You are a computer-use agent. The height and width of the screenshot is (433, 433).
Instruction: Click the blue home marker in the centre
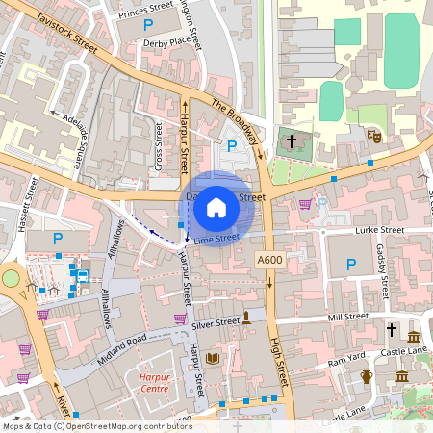(216, 208)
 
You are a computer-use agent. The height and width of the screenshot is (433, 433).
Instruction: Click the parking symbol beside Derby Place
(147, 24)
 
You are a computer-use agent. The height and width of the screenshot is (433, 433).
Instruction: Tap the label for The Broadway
(236, 122)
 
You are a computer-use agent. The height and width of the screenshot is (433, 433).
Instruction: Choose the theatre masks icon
(374, 138)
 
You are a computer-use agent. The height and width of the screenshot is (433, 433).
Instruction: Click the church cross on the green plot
(291, 141)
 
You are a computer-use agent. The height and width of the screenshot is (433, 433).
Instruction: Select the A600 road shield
(268, 261)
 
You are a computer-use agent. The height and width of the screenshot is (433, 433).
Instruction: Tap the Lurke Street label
(378, 231)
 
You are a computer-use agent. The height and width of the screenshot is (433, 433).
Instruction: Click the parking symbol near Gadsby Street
(351, 264)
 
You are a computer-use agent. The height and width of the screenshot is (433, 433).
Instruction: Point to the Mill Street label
(348, 317)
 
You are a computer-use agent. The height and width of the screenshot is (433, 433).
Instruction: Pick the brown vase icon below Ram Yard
(366, 376)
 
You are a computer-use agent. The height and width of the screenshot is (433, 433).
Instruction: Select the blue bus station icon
(83, 275)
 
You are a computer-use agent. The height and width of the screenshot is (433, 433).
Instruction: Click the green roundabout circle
(11, 278)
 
